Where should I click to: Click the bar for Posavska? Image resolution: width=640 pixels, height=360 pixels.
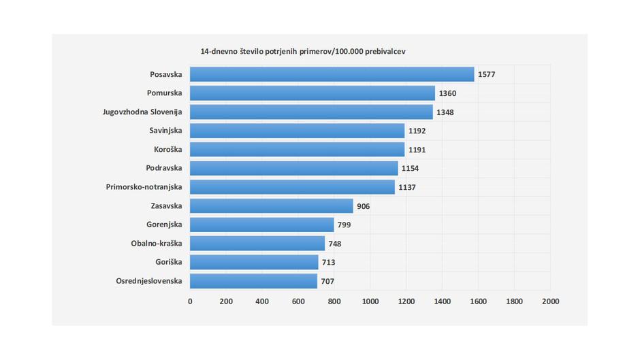point(332,74)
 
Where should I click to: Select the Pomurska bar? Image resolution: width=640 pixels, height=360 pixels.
point(312,93)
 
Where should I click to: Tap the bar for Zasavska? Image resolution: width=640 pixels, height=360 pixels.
point(271,206)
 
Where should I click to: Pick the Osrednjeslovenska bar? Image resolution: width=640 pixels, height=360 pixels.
point(253,280)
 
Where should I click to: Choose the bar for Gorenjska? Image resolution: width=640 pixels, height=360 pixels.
point(261,225)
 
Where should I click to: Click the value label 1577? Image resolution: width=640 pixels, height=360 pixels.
point(487,74)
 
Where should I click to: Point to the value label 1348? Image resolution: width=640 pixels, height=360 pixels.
point(445,112)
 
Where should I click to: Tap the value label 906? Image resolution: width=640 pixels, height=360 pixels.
point(364,206)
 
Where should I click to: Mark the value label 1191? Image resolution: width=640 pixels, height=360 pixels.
point(417,150)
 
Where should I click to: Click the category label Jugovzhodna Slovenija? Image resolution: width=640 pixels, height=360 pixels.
point(142,112)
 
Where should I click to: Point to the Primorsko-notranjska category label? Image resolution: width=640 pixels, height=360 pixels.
point(144,186)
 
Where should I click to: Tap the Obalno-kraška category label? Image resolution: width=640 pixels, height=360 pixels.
point(157,243)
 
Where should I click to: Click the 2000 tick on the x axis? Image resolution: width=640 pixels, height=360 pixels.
point(550,301)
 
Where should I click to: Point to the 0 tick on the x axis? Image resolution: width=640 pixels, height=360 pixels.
point(190,301)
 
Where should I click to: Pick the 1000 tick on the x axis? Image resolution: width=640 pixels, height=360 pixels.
point(370,301)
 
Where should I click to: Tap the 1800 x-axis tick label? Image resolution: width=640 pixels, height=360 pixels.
point(514,301)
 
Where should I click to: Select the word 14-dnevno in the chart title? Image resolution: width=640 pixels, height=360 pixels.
point(219,52)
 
